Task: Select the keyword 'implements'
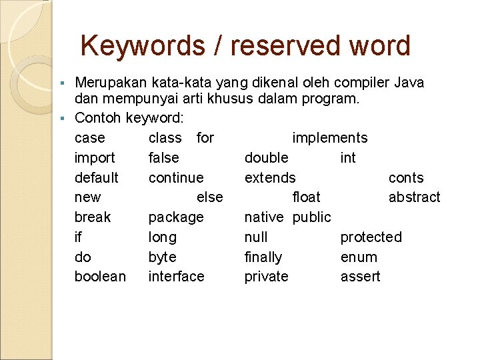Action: point(330,138)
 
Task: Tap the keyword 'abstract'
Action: point(414,197)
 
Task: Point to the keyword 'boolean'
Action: point(100,277)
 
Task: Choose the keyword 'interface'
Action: point(176,277)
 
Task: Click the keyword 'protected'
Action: point(371,237)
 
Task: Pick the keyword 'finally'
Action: point(263,257)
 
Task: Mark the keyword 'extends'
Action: point(270,178)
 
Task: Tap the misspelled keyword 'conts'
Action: point(406,178)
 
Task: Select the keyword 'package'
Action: point(176,217)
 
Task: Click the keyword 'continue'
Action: point(176,178)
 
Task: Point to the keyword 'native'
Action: point(264,217)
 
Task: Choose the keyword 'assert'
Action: point(360,277)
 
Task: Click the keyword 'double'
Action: point(267,158)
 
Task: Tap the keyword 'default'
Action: point(97,178)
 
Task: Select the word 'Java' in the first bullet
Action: point(409,83)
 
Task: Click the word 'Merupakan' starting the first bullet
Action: point(111,83)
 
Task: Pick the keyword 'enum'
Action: point(359,257)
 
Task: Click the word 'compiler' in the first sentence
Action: point(362,83)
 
